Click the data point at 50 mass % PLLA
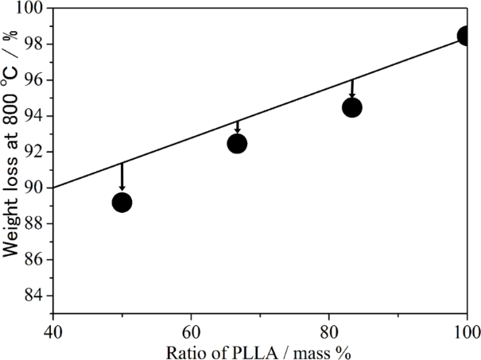pos(122,203)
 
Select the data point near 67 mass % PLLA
pos(237,143)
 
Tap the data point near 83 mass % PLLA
pos(352,107)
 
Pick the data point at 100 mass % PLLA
pos(467,37)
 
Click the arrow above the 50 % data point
pos(122,176)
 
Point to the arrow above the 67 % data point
pos(237,127)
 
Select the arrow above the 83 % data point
pos(352,88)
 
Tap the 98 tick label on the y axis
pos(33,45)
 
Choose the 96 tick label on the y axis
pos(33,80)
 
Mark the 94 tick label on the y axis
pos(33,116)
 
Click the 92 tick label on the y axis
pos(33,152)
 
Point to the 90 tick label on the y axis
pos(33,188)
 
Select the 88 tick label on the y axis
pos(33,223)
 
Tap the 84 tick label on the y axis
pos(33,296)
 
